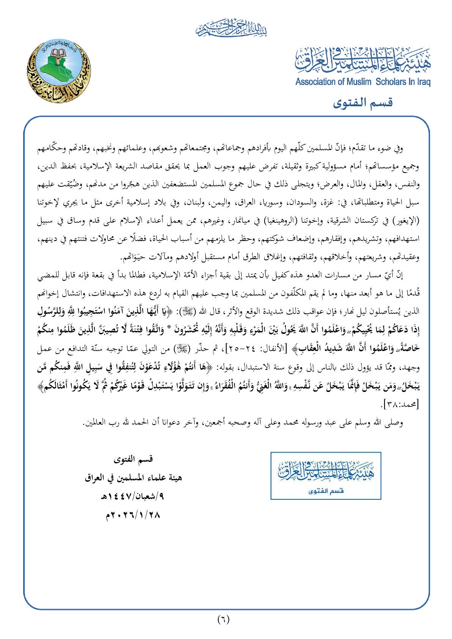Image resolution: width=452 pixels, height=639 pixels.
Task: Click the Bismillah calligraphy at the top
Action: pyautogui.click(x=232, y=28)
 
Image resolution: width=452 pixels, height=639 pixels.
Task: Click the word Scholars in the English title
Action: pyautogui.click(x=391, y=82)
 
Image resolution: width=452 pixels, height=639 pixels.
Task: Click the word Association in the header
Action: pyautogui.click(x=315, y=82)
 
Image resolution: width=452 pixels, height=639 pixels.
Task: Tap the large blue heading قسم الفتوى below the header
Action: pyautogui.click(x=363, y=102)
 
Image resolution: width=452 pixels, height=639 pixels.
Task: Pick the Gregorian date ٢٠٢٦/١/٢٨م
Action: pyautogui.click(x=133, y=515)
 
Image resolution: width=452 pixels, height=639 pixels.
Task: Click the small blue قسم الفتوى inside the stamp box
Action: pyautogui.click(x=326, y=491)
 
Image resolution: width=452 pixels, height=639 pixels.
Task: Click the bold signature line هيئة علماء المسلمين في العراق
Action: pyautogui.click(x=133, y=478)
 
